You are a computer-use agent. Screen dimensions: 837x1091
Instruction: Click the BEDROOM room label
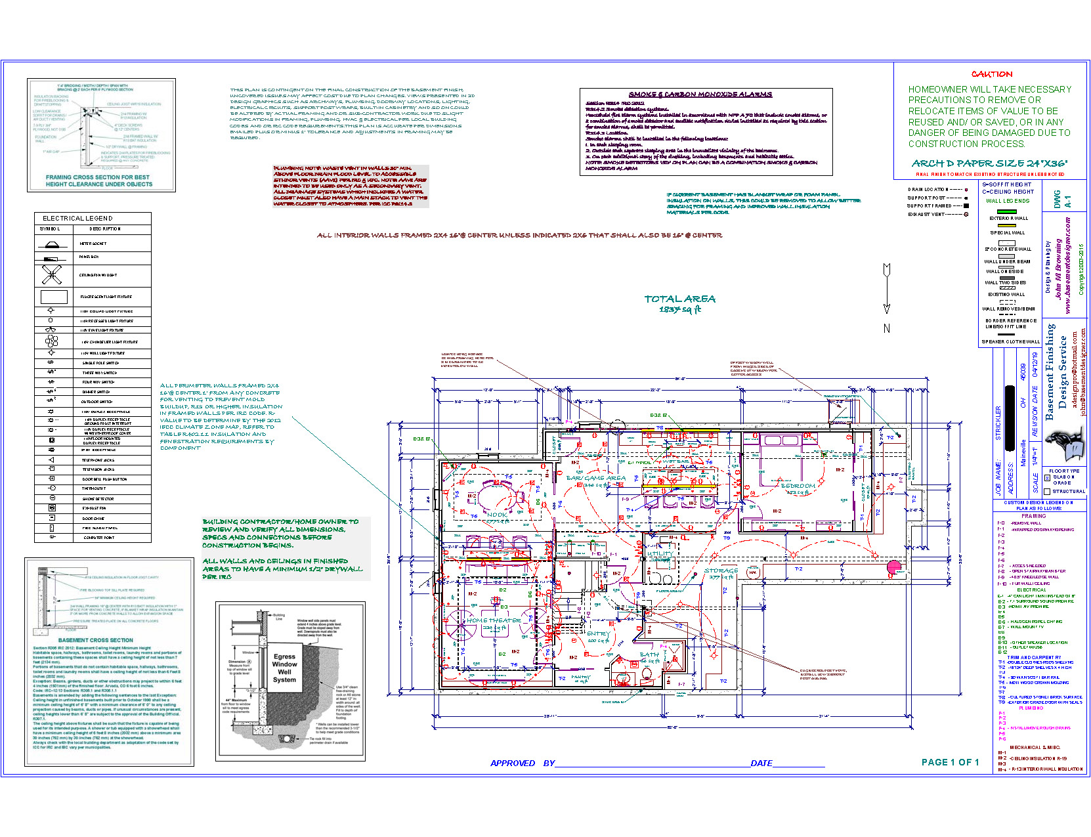click(798, 486)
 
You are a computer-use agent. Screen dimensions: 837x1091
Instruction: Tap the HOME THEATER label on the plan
click(494, 620)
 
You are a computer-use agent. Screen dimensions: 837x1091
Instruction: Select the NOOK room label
click(496, 515)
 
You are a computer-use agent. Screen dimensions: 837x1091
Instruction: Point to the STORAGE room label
click(721, 570)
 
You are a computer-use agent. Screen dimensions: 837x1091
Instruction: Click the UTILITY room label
click(660, 553)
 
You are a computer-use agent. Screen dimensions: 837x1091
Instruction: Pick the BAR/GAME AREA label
click(596, 478)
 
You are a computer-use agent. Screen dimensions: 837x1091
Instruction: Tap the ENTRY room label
click(598, 633)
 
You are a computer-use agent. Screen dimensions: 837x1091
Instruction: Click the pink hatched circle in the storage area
click(893, 567)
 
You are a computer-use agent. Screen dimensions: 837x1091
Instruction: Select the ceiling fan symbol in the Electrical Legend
click(52, 274)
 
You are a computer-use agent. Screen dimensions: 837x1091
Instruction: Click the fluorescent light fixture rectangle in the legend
click(54, 297)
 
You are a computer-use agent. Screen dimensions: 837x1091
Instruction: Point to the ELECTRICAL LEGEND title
click(77, 218)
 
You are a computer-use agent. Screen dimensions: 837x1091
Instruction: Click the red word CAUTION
click(992, 74)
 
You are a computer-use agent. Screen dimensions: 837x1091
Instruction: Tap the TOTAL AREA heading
click(679, 299)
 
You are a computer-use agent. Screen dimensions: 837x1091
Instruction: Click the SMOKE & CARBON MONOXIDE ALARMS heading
click(700, 95)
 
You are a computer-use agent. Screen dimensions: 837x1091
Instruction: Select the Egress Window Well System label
click(284, 668)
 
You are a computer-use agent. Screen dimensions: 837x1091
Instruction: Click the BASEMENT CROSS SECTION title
click(95, 640)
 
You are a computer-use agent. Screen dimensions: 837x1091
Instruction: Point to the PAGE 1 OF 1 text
click(950, 762)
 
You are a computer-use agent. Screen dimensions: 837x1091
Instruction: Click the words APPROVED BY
click(523, 763)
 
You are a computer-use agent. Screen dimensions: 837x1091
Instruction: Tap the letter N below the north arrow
click(886, 328)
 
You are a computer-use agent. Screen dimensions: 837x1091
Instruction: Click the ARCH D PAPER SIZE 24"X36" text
click(989, 163)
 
